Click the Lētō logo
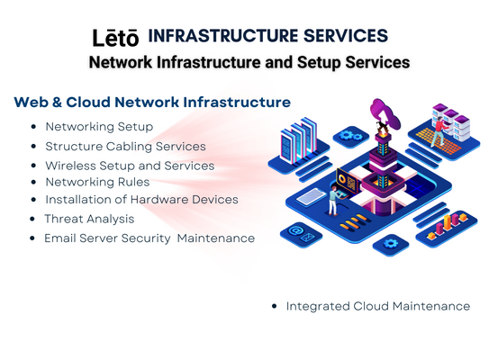click(x=115, y=38)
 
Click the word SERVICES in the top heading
click(x=346, y=35)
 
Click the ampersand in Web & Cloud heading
click(x=56, y=103)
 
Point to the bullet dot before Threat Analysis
click(x=32, y=219)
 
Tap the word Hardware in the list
click(x=159, y=200)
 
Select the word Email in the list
click(x=60, y=238)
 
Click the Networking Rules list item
click(x=97, y=182)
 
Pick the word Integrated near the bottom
click(x=318, y=306)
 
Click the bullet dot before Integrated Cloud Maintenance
click(x=275, y=306)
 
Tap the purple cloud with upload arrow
click(x=385, y=113)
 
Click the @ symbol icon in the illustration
click(x=294, y=229)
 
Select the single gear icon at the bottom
click(x=390, y=244)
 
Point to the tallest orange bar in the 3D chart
click(x=448, y=222)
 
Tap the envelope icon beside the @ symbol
click(x=307, y=237)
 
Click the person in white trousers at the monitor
click(x=333, y=201)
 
